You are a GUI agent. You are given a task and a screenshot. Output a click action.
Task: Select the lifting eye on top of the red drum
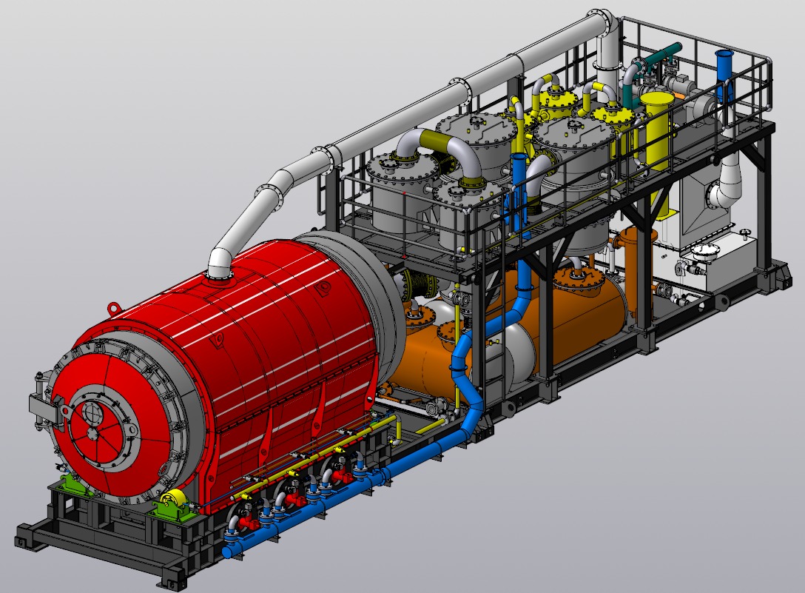point(115,306)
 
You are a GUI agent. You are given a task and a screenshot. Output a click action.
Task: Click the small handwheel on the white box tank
point(744,235)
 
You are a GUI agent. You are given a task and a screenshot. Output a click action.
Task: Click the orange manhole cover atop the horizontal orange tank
point(572,278)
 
